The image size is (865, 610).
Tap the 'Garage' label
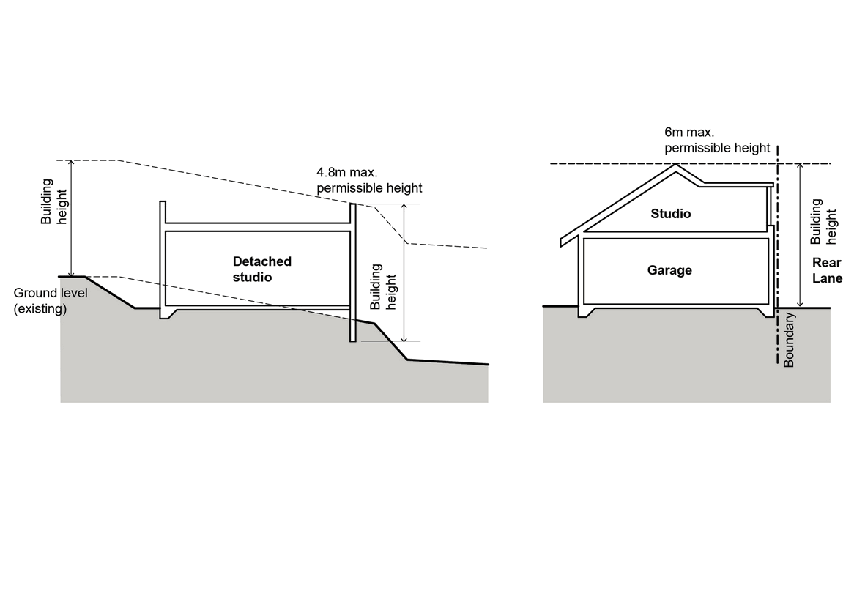point(669,270)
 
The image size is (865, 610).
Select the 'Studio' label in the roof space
point(671,214)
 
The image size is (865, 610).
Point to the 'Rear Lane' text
point(827,270)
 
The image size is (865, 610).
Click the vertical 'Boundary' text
point(789,339)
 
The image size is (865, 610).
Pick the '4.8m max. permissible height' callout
point(369,181)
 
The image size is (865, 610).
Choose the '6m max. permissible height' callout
point(717,141)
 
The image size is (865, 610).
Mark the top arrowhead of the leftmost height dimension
point(72,163)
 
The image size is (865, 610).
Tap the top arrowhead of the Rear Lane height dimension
point(801,167)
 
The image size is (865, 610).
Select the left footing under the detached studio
point(168,313)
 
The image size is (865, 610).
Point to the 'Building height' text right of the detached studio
point(386,291)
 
